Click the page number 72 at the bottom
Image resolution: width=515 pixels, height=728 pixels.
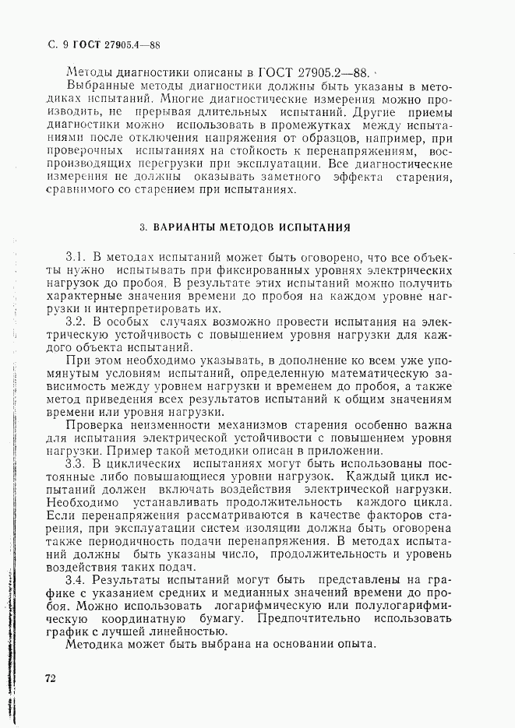click(x=49, y=679)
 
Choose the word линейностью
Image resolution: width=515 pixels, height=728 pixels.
click(x=190, y=631)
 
